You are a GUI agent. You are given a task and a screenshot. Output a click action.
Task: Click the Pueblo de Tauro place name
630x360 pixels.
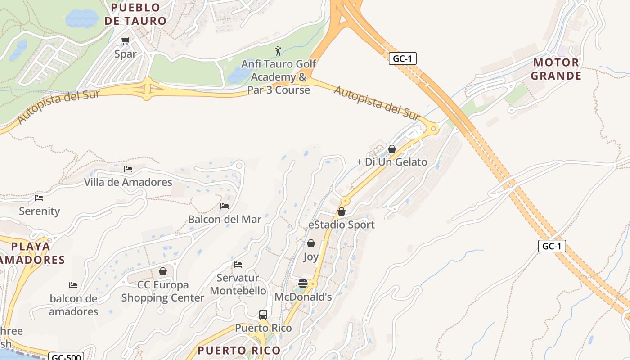tap(135, 14)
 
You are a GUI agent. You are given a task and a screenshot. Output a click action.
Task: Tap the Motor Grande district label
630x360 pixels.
tap(556, 69)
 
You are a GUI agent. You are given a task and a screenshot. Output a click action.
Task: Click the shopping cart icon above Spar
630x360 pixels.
tap(126, 41)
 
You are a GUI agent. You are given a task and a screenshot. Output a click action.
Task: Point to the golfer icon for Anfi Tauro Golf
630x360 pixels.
tap(278, 50)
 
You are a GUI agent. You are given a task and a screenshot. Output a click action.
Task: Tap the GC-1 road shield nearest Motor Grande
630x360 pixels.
tap(403, 58)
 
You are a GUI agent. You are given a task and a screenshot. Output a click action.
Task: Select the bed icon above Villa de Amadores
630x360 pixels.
tap(128, 169)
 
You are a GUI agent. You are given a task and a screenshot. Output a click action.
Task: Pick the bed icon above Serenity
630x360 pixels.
tap(39, 198)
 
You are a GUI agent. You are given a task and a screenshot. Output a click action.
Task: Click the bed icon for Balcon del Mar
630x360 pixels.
tap(225, 206)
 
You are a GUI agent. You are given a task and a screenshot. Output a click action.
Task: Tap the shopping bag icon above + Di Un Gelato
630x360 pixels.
tap(392, 149)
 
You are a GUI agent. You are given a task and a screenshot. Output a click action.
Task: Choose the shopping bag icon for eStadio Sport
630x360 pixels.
tap(342, 211)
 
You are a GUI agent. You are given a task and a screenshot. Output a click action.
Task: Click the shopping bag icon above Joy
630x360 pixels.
tap(311, 243)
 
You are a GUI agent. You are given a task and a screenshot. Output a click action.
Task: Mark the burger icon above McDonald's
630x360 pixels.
tap(303, 283)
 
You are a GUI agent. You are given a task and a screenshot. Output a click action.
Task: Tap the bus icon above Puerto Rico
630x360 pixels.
tap(263, 315)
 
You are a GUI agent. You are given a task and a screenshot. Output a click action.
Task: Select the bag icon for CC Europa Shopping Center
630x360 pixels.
tap(163, 271)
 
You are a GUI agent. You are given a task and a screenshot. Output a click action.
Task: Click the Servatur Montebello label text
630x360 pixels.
tap(238, 284)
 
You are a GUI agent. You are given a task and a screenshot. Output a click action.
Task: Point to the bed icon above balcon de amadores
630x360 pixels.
tap(73, 285)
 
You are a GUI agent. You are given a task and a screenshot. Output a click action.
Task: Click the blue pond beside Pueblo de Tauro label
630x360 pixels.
tap(82, 18)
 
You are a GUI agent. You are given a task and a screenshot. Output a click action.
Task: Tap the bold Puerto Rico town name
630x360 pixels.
tap(239, 350)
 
